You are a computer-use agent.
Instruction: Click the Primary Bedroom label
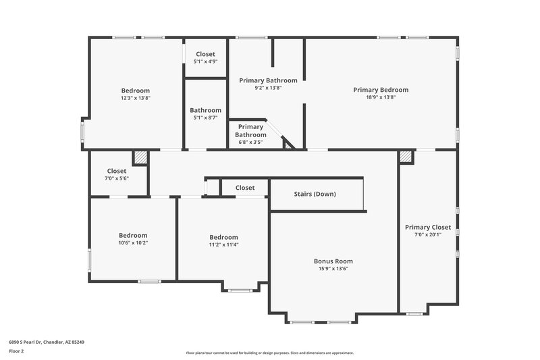pos(381,90)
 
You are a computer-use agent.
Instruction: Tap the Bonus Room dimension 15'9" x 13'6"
pos(333,268)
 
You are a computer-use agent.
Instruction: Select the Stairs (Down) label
pos(315,194)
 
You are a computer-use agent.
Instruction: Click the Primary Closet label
pos(428,227)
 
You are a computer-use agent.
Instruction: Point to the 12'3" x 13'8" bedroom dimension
pos(136,98)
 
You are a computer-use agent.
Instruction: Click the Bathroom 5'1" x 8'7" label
pos(205,110)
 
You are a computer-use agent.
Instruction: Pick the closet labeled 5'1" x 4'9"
pos(206,61)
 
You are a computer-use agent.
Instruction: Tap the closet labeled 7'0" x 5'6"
pos(117,178)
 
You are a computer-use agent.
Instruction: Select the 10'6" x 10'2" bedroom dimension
pos(133,242)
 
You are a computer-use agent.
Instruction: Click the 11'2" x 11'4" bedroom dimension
pos(223,245)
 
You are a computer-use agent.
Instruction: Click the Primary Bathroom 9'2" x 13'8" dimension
pos(268,88)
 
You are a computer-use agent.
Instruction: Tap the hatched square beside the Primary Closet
pos(406,157)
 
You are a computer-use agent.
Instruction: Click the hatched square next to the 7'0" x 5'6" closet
pos(140,157)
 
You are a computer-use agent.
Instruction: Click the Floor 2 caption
pos(16,351)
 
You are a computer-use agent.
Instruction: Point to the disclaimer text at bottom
pos(270,353)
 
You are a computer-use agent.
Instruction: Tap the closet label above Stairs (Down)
pos(245,188)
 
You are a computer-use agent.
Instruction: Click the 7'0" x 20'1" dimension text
pos(428,234)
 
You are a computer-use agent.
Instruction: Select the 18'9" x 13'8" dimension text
pos(381,97)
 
